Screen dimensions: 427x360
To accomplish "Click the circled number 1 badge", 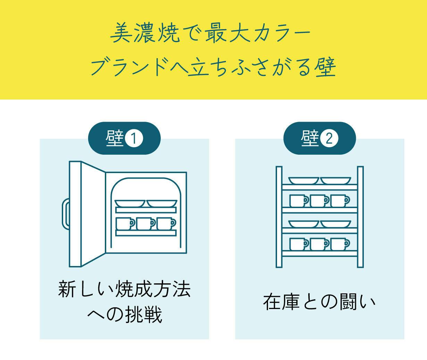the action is [x=134, y=139].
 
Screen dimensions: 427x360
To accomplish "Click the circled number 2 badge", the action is [x=329, y=139].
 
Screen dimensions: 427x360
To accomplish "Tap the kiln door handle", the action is [x=66, y=214].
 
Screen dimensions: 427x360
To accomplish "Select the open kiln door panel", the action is [x=87, y=214].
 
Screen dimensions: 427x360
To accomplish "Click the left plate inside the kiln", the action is [x=130, y=204].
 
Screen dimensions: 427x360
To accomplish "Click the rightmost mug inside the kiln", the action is [x=166, y=223].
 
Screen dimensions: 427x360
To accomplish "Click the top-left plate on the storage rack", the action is [x=304, y=181].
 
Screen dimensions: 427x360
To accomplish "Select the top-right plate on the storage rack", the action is [x=336, y=181].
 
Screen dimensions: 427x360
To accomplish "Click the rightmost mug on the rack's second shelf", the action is [x=340, y=201].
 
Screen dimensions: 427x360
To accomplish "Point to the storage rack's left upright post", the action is [x=279, y=217].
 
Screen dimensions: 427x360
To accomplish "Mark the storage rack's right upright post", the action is [x=360, y=217].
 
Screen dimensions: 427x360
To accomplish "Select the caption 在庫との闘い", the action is [x=319, y=302].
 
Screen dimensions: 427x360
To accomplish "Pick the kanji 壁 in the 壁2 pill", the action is [x=310, y=138].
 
